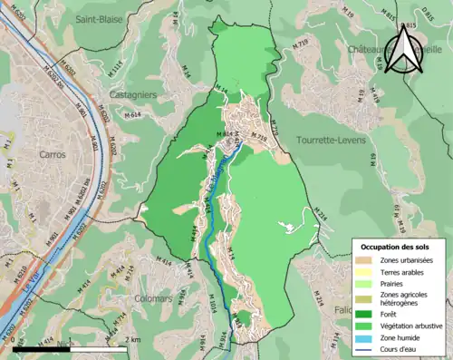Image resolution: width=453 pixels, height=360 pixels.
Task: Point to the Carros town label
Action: coord(53,154)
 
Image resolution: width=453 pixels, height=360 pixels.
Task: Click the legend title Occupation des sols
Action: coord(397,247)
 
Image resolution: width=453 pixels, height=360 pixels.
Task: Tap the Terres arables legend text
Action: coord(402,272)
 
